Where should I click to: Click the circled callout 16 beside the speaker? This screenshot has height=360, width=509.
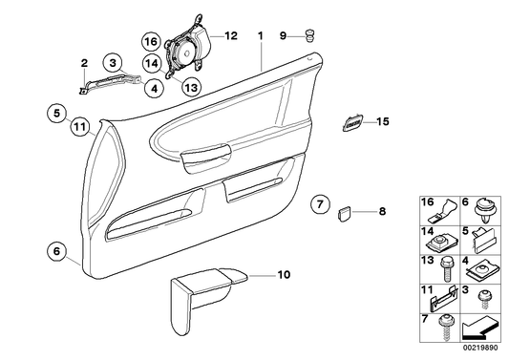point(151,41)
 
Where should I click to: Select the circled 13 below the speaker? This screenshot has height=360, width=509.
point(190,87)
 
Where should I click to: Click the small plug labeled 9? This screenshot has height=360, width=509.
point(310,37)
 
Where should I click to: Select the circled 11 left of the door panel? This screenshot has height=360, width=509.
point(79,124)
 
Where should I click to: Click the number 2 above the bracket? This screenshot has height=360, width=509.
point(84,63)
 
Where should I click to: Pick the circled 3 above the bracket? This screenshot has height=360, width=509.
point(114,64)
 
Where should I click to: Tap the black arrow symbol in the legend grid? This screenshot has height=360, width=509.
point(477,330)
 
